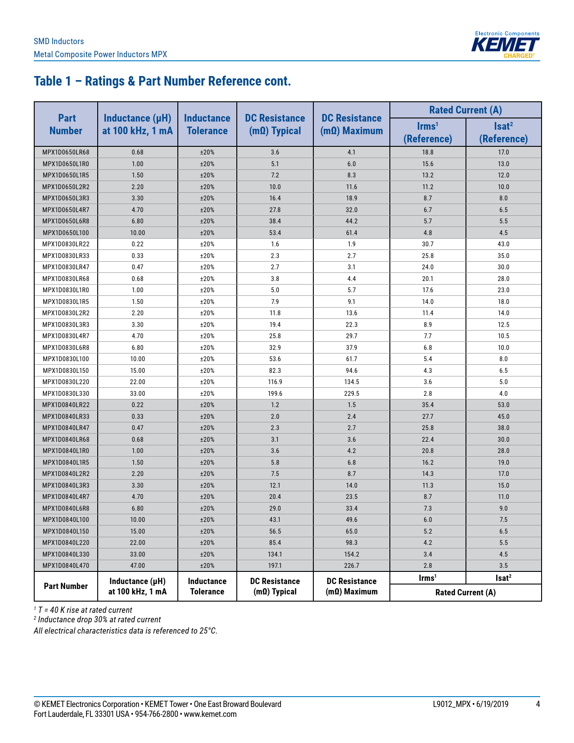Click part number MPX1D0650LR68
66,152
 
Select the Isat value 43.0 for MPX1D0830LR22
503,244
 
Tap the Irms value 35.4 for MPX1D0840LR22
428,405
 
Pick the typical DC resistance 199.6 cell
275,394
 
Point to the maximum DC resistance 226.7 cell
352,566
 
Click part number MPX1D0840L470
66,566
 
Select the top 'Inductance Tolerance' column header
207,124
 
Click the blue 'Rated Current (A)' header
466,110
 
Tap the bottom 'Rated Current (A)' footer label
466,593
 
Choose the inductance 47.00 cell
138,566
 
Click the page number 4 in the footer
538,704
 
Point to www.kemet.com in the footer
210,714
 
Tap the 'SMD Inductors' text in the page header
59,41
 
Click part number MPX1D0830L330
66,394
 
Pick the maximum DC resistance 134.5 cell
352,382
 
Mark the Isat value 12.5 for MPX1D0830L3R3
503,325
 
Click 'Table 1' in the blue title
53,81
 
